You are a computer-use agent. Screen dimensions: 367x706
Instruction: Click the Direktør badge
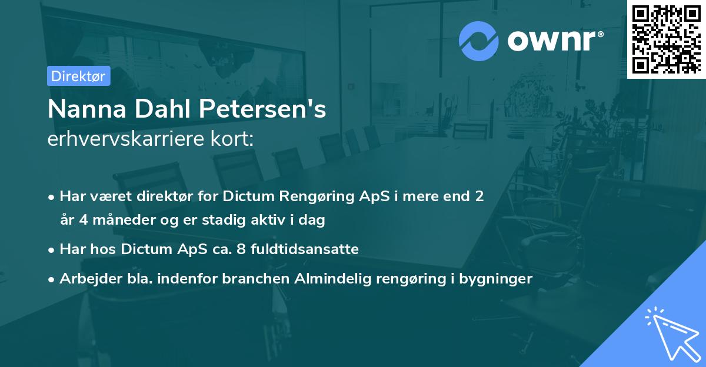[79, 76]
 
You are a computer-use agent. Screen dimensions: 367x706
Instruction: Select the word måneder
[110, 221]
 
